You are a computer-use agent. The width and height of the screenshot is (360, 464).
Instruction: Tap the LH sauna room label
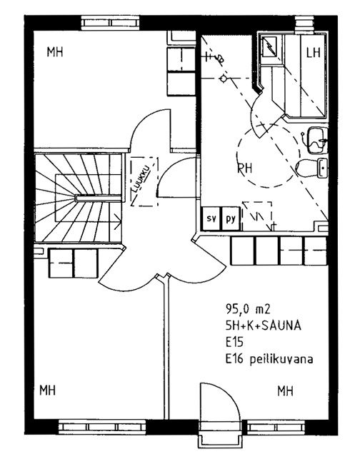tap(314, 52)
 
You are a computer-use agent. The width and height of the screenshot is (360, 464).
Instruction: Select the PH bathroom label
tap(245, 168)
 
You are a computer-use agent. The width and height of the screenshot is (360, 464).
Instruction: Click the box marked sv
tap(211, 218)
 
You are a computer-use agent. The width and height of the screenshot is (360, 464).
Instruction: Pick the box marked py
tap(231, 218)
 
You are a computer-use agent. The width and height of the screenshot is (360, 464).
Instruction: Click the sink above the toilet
tap(316, 140)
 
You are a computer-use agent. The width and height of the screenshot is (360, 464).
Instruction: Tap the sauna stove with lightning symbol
tap(269, 46)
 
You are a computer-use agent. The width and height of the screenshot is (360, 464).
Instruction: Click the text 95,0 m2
tap(248, 309)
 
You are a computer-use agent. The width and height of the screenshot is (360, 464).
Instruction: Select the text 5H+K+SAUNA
tap(264, 326)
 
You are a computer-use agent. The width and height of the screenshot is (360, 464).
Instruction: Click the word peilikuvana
tap(281, 359)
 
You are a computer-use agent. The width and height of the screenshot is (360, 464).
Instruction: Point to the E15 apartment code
tap(234, 343)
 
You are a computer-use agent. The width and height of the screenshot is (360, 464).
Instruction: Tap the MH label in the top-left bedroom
tap(55, 52)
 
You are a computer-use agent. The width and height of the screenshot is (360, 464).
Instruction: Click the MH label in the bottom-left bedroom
tap(48, 390)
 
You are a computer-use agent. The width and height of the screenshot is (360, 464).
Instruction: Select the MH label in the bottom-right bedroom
tap(286, 391)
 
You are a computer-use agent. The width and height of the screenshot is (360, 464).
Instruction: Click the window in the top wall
tap(110, 23)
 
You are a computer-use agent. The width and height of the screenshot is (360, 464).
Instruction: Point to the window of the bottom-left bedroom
tap(102, 427)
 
